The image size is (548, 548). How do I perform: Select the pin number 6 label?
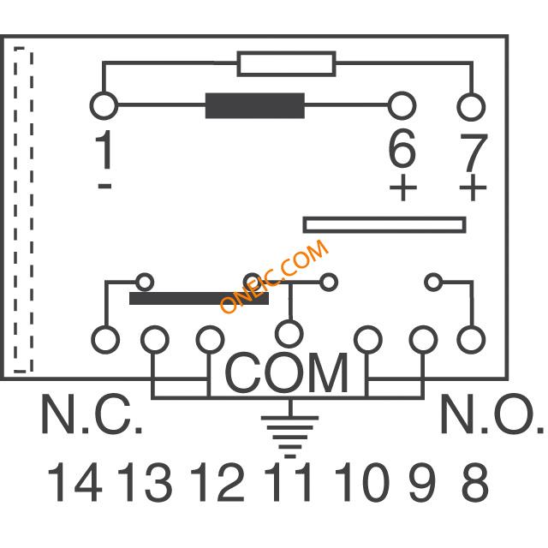[402, 147]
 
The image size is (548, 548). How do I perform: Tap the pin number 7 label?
[474, 153]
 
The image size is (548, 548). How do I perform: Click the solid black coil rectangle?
[255, 105]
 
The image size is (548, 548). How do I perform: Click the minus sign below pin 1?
[104, 186]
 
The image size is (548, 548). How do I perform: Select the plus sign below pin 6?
[403, 188]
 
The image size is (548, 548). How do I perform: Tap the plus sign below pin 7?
[473, 188]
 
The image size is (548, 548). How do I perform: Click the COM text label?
[287, 373]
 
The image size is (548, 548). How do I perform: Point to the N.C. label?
[92, 414]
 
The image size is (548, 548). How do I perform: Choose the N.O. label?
[492, 414]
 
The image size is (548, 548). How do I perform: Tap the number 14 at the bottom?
[74, 481]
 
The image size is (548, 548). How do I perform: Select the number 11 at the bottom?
[288, 481]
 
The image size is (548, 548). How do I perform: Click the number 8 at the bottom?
[474, 481]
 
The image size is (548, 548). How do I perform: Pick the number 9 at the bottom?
[422, 481]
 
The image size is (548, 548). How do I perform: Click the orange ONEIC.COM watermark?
[274, 276]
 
